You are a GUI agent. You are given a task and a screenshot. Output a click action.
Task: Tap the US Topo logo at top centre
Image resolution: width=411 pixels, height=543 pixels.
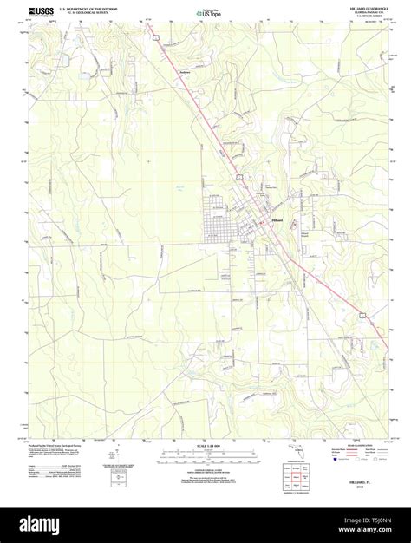(x=205, y=13)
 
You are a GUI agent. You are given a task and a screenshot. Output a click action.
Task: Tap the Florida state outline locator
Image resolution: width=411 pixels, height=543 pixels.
(x=293, y=448)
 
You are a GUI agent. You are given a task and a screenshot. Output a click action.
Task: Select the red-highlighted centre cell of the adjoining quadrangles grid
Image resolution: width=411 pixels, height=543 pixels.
(x=296, y=476)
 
